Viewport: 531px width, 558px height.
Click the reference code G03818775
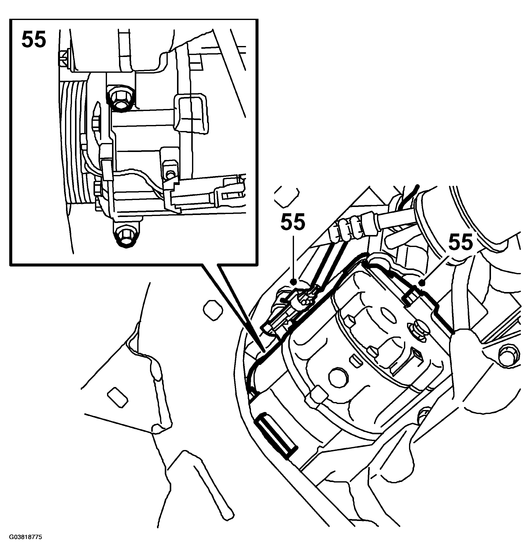pyautogui.click(x=25, y=537)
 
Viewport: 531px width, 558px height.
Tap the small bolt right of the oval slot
pyautogui.click(x=417, y=329)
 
